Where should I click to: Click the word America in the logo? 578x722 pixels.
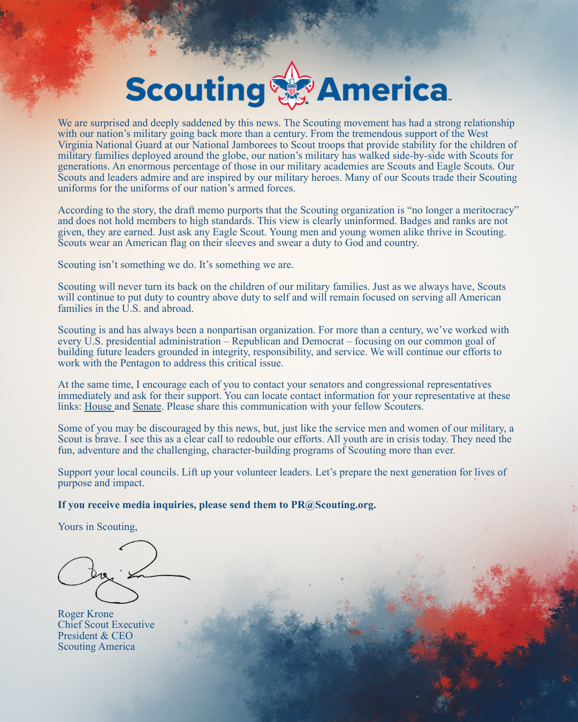pos(383,90)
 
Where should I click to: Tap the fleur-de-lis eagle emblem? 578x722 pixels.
pos(292,86)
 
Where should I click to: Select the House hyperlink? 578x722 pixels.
pos(98,406)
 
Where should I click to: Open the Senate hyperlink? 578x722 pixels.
pos(147,406)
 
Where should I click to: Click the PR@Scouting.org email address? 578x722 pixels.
pos(333,505)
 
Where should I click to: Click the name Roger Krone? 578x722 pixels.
pos(86,614)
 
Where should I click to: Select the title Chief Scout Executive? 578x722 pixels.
pos(106,625)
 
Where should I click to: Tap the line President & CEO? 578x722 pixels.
pos(95,636)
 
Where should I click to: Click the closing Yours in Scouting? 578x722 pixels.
pos(97,527)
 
